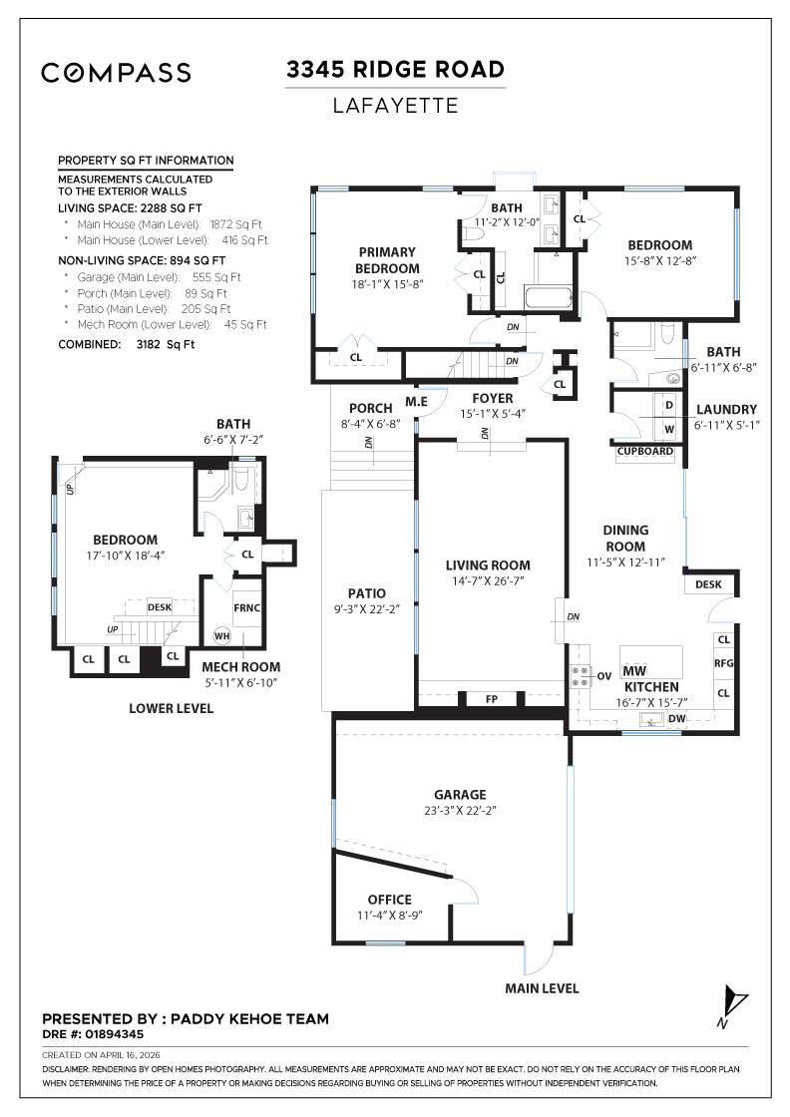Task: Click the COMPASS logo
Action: click(115, 72)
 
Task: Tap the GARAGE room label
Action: click(460, 794)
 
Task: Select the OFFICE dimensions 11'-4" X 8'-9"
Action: click(389, 915)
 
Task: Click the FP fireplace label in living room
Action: click(491, 699)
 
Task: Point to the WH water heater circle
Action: click(220, 634)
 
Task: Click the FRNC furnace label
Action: click(245, 606)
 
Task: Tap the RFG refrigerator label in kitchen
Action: click(724, 662)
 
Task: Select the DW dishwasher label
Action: click(676, 717)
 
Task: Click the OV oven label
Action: click(603, 675)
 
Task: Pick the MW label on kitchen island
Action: click(634, 670)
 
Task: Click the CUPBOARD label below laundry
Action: click(645, 452)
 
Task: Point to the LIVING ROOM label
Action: click(488, 565)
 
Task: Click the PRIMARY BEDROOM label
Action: click(388, 259)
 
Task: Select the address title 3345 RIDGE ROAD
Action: click(395, 70)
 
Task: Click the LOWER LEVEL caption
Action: click(171, 708)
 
